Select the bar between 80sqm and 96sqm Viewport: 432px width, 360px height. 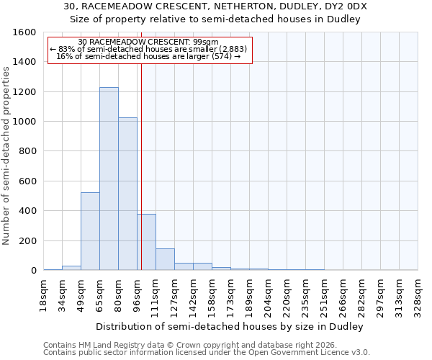[127, 194]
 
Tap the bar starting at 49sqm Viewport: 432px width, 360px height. [90, 231]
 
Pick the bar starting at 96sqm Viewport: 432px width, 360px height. [146, 242]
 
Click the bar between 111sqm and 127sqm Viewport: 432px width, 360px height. [165, 259]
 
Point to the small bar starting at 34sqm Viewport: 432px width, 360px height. [71, 268]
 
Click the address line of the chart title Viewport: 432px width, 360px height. [215, 6]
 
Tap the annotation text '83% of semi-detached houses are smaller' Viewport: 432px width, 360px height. [150, 49]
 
